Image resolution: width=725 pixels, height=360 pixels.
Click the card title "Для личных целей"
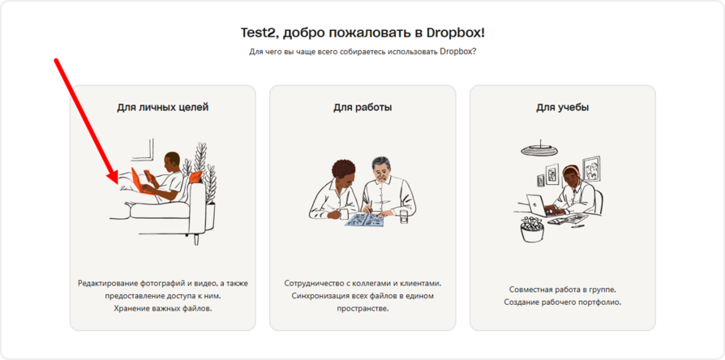[163, 108]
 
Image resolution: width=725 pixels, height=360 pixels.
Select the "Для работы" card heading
[362, 108]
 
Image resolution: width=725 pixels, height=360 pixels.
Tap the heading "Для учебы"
[563, 108]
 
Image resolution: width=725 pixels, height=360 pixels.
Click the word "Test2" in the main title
[260, 33]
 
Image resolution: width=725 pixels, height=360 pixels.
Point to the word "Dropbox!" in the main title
[456, 33]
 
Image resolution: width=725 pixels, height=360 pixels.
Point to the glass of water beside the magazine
[405, 216]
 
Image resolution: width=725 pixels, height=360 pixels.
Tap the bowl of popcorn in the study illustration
[532, 229]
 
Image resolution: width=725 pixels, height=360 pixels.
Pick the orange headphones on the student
[568, 174]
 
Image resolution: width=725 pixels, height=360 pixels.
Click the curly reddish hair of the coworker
[343, 169]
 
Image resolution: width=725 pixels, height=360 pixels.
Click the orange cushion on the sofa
[196, 176]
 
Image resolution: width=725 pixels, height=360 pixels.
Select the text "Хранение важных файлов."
[163, 308]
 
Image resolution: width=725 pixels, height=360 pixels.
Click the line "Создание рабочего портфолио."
[563, 302]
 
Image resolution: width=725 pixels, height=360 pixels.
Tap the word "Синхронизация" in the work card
[318, 295]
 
